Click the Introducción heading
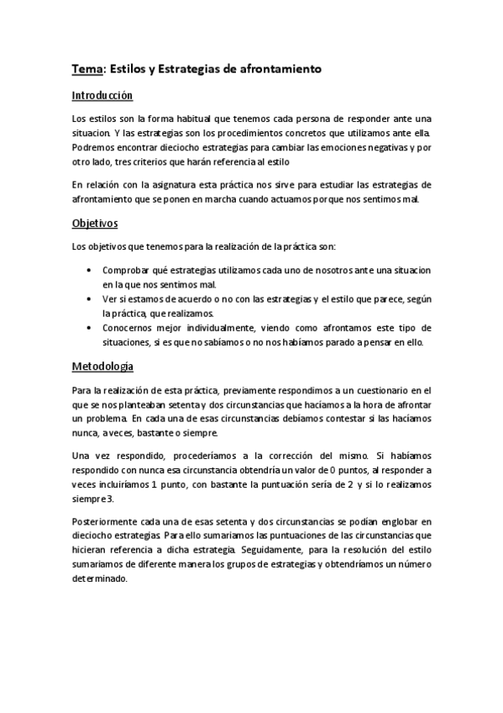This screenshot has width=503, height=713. pos(102,97)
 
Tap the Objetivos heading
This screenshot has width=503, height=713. pos(94,224)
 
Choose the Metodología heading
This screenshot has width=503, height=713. pos(102,367)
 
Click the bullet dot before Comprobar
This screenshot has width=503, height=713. pos(90,270)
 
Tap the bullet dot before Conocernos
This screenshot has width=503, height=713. pos(90,327)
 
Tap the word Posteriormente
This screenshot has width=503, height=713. pos(105,521)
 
